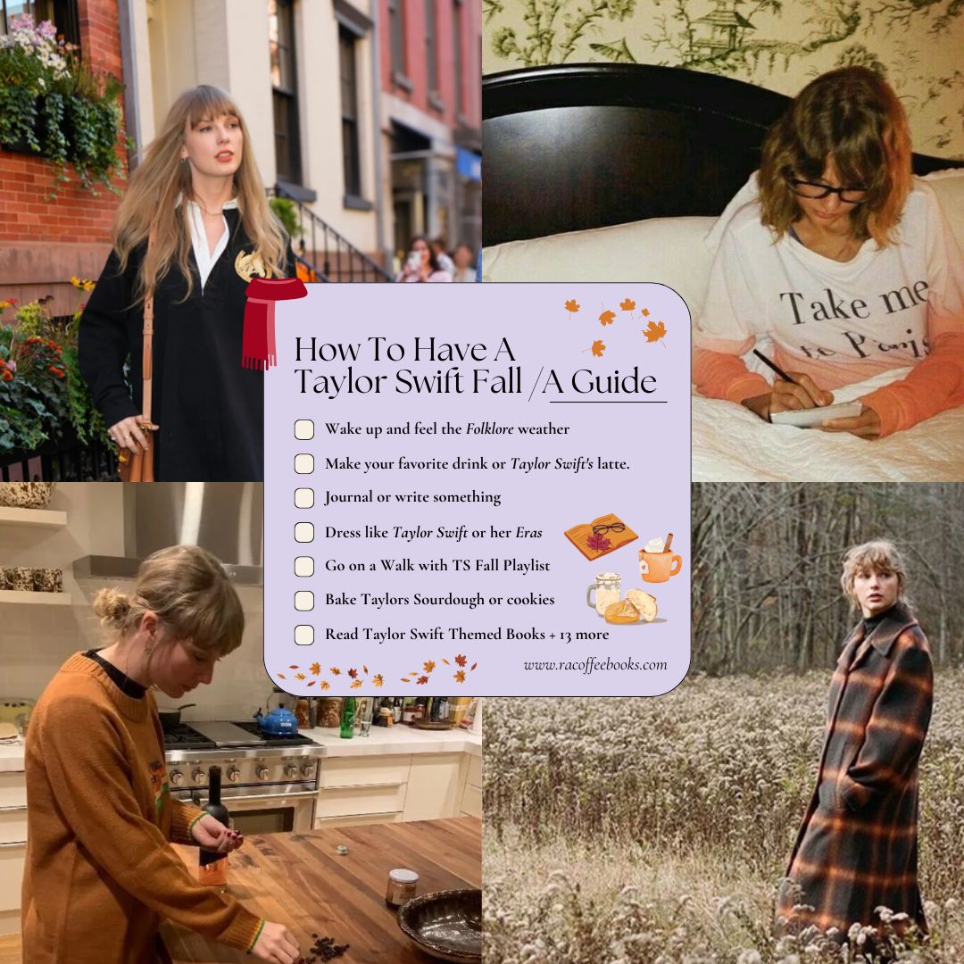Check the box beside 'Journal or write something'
(304, 498)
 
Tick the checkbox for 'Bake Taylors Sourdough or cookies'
(304, 601)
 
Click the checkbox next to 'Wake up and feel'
(304, 429)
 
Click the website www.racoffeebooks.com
(594, 664)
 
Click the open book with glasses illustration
(600, 536)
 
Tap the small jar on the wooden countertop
(403, 885)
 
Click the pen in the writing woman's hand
(775, 367)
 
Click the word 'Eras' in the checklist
(528, 533)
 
